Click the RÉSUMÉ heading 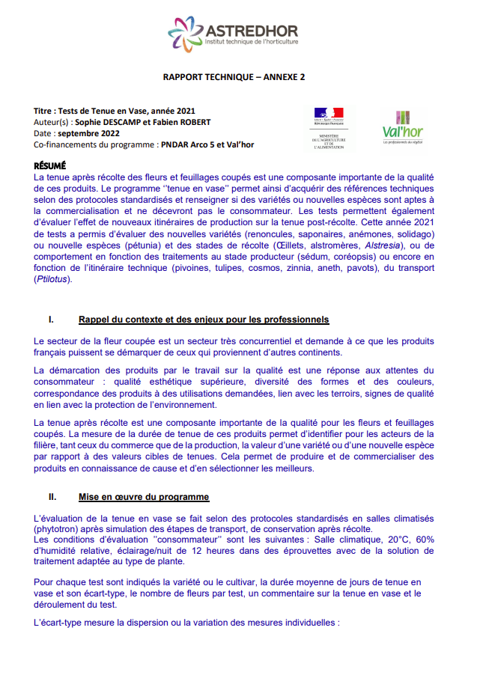point(50,165)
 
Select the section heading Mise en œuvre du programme point(144,497)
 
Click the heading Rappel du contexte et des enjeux point(204,320)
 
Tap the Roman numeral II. point(52,497)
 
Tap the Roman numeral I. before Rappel point(51,320)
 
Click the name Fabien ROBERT point(184,122)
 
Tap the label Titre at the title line point(45,111)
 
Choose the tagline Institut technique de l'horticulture point(252,43)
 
